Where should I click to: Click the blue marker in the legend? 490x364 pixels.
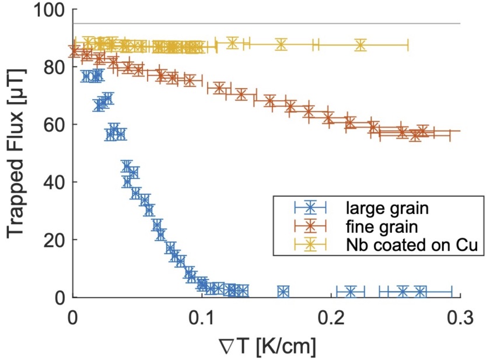point(311,206)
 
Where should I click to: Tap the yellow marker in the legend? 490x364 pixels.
point(311,246)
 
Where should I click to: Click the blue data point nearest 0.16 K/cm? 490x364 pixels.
point(283,292)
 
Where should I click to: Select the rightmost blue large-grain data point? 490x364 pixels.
point(420,292)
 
